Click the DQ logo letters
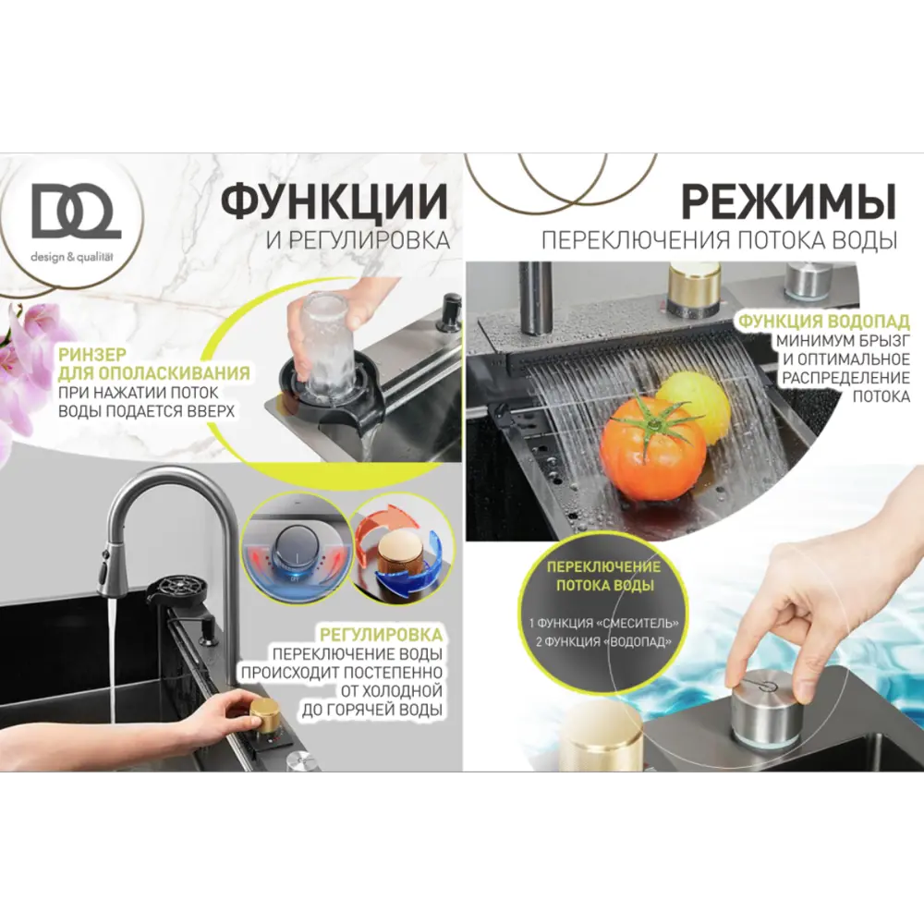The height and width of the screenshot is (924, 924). point(76,212)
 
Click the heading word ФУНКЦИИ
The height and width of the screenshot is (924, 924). point(334,202)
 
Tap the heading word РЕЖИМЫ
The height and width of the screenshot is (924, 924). point(788,202)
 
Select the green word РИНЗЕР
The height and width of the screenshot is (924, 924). point(89,354)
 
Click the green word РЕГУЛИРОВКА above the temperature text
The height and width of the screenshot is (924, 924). point(381,636)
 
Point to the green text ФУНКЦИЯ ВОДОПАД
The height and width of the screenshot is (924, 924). point(823,322)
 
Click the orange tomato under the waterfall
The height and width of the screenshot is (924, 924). point(653,449)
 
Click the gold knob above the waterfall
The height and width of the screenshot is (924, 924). point(694,286)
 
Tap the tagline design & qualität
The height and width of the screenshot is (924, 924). point(77,255)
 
